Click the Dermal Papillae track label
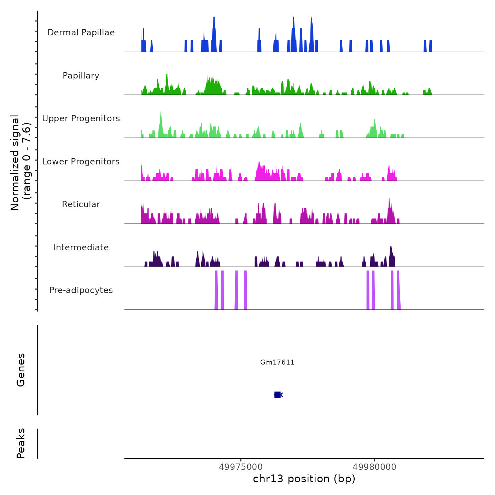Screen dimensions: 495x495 [81, 33]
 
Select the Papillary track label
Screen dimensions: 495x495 [81, 76]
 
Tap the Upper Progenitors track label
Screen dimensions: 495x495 [81, 118]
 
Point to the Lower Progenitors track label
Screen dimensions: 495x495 [81, 162]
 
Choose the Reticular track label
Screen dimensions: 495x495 [81, 204]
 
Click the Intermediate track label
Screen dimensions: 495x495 [81, 248]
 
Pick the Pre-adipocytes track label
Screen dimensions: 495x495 [81, 290]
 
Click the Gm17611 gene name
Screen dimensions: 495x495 [277, 362]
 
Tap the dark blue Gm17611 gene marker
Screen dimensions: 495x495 [278, 395]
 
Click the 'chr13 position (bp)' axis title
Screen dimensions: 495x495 [304, 479]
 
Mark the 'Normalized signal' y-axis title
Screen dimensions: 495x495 [21, 163]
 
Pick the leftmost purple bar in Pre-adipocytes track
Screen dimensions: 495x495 [216, 290]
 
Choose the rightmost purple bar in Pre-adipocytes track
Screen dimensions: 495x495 [398, 290]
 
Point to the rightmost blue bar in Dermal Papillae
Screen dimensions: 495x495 [430, 46]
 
